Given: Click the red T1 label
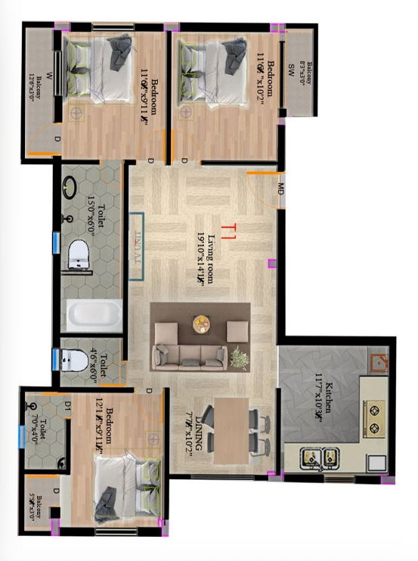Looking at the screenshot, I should (229, 227).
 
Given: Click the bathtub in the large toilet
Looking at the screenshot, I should (94, 316).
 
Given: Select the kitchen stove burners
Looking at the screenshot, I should (373, 417).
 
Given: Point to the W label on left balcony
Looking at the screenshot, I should (48, 75).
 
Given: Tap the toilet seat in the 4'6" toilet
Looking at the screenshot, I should (73, 361).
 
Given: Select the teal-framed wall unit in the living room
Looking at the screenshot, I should (136, 247).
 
